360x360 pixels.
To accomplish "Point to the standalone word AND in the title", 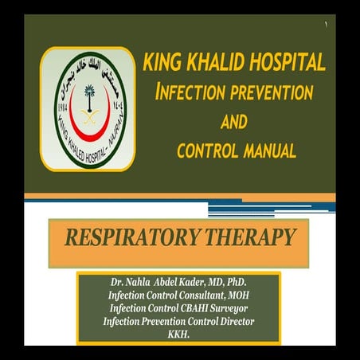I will click(232, 121).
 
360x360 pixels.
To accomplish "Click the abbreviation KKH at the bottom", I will click(179, 333).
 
